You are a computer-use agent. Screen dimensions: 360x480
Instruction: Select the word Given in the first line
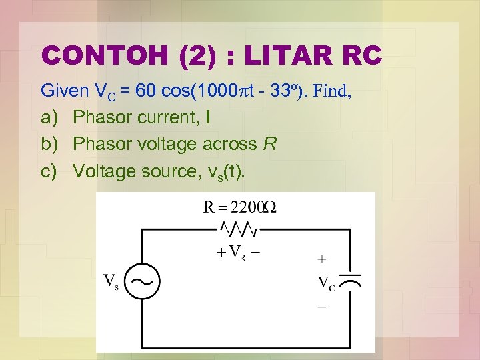tap(63, 91)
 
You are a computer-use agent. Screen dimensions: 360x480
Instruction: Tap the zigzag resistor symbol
tap(238, 229)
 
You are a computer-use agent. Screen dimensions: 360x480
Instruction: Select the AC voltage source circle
tap(142, 281)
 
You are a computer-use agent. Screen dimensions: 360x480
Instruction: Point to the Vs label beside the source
tap(111, 281)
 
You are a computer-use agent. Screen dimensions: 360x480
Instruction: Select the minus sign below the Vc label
tap(322, 307)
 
